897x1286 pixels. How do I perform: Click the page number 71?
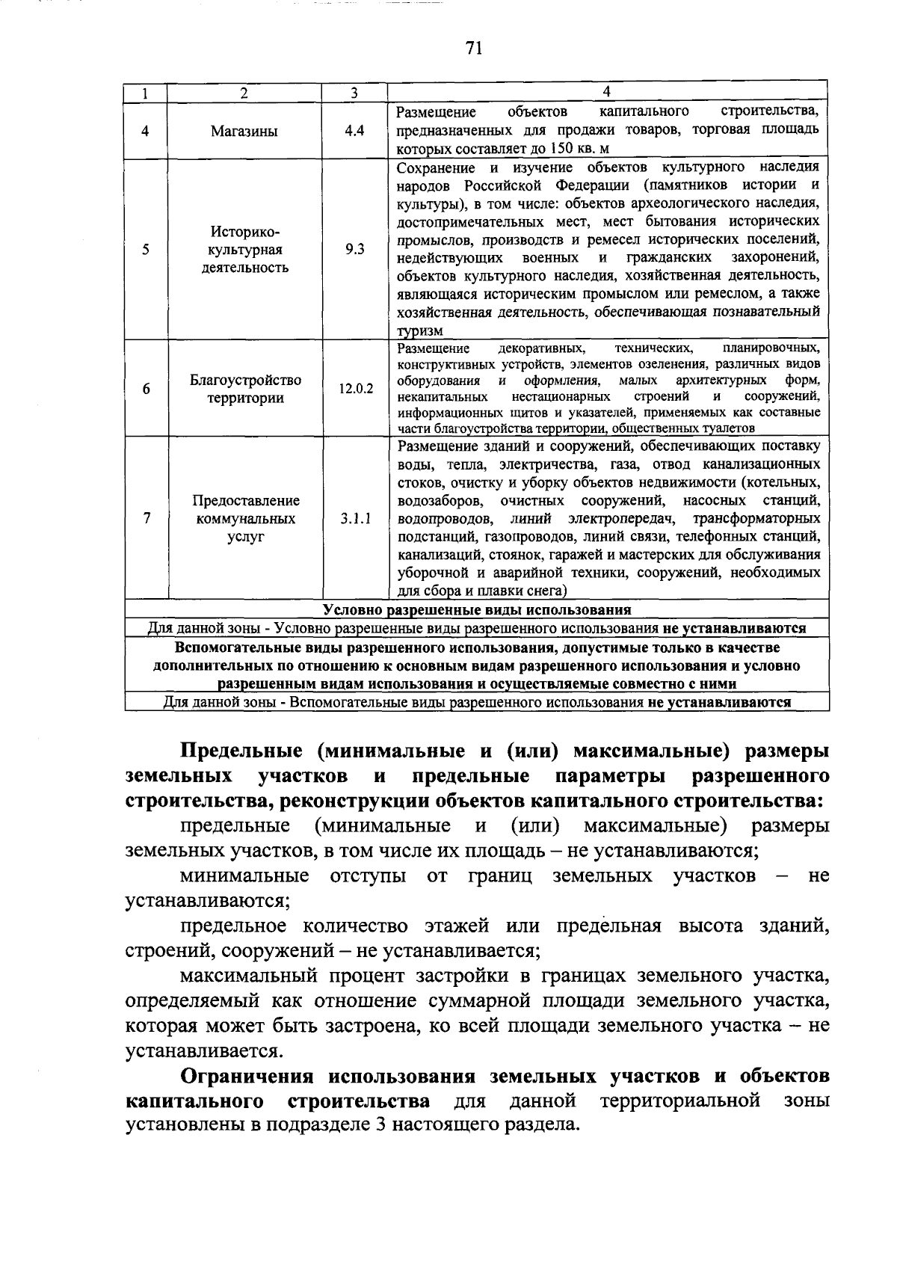pos(473,49)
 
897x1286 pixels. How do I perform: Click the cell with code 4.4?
pos(354,130)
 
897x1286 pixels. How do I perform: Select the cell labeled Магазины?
pos(244,131)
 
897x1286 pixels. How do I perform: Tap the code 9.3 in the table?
pos(354,250)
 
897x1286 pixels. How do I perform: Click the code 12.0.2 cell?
pos(355,389)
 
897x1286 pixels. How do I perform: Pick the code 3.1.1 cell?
pos(355,518)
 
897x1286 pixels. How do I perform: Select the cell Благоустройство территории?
pos(245,389)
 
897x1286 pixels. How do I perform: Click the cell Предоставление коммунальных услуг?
pos(245,518)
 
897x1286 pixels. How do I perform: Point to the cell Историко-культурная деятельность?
pos(245,250)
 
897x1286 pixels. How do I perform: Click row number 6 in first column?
pos(146,389)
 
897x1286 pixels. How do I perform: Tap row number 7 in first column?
pos(146,518)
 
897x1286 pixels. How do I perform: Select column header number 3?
pos(354,93)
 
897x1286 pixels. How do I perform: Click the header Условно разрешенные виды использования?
pos(477,609)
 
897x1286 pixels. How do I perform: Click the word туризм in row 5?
pos(419,330)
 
